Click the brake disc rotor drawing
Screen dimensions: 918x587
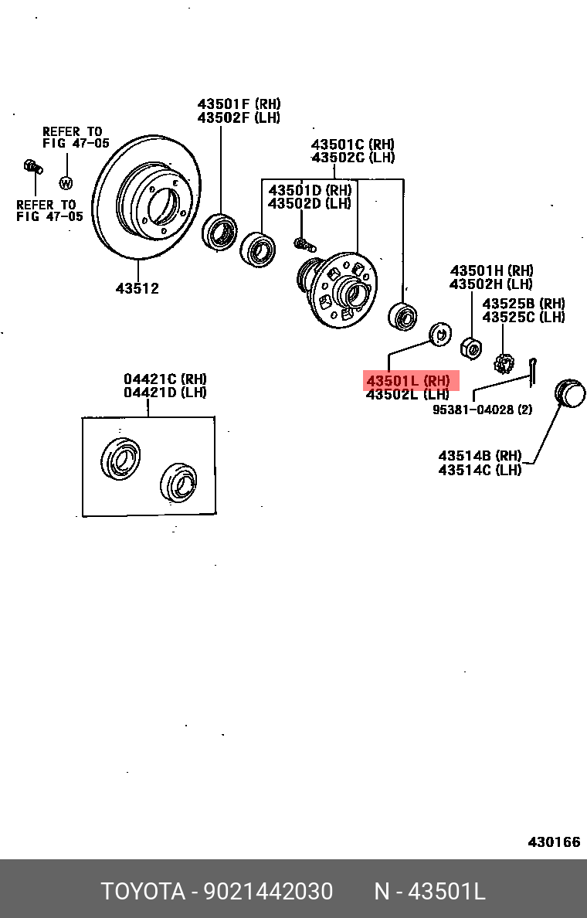146,199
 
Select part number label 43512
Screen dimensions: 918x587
137,288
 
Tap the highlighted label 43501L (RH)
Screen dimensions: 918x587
411,381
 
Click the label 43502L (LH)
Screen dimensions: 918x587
407,395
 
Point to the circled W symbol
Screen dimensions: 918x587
66,183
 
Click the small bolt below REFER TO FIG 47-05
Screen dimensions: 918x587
31,166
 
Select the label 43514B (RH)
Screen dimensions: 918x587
480,456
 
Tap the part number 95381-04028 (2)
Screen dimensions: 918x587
482,410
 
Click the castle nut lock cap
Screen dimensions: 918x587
504,362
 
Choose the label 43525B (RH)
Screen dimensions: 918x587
524,304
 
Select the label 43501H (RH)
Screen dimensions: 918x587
492,270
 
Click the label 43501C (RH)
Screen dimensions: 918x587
353,144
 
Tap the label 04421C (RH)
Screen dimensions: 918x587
165,379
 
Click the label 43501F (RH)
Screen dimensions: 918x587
239,104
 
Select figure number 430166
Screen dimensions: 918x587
554,841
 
